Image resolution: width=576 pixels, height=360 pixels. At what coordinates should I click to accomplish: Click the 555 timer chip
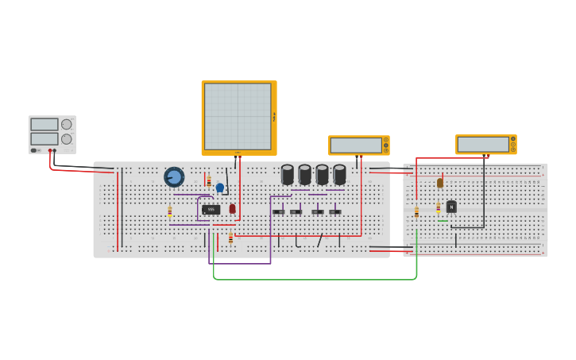pyautogui.click(x=211, y=210)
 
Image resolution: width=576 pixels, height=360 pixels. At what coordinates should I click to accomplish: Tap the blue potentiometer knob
pyautogui.click(x=174, y=176)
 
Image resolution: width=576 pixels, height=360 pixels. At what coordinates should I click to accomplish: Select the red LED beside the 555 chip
pyautogui.click(x=233, y=209)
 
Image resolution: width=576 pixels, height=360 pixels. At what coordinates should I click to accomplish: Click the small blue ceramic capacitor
pyautogui.click(x=220, y=188)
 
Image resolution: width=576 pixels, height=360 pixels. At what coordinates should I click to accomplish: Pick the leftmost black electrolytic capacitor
pyautogui.click(x=288, y=174)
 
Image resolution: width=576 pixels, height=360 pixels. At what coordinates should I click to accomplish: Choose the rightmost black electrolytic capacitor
pyautogui.click(x=339, y=174)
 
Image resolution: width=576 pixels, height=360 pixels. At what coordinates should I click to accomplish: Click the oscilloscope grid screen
pyautogui.click(x=238, y=116)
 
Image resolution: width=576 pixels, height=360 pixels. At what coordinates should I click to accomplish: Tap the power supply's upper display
pyautogui.click(x=44, y=125)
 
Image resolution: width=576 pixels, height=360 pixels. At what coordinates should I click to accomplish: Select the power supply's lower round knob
pyautogui.click(x=67, y=139)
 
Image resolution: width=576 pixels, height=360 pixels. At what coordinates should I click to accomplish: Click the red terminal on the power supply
pyautogui.click(x=50, y=150)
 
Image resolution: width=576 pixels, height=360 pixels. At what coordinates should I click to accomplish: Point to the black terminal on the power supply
pyautogui.click(x=55, y=150)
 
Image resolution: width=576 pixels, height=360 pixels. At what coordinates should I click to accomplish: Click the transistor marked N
pyautogui.click(x=451, y=207)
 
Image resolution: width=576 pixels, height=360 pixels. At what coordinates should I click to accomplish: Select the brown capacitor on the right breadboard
pyautogui.click(x=440, y=183)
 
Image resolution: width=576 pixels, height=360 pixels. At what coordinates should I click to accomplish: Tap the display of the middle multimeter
pyautogui.click(x=357, y=145)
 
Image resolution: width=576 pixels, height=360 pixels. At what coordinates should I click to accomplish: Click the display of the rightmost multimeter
pyautogui.click(x=483, y=144)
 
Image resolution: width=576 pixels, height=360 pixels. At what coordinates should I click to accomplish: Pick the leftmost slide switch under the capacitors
pyautogui.click(x=278, y=212)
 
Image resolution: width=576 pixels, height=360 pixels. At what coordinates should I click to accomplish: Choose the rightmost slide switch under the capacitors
pyautogui.click(x=335, y=212)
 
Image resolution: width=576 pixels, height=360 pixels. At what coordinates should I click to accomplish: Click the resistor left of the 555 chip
pyautogui.click(x=169, y=211)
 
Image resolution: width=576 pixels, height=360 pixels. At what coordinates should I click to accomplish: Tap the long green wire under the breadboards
pyautogui.click(x=318, y=279)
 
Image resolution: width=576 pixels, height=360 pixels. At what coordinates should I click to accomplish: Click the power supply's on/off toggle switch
pyautogui.click(x=34, y=150)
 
